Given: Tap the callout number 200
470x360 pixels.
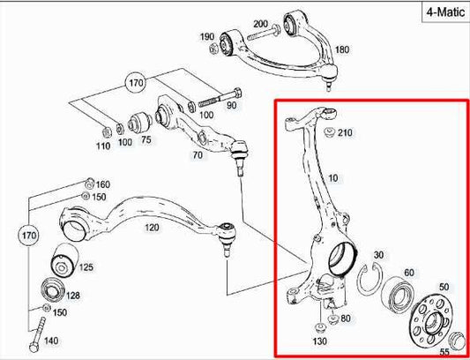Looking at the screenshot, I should [x=260, y=23].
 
